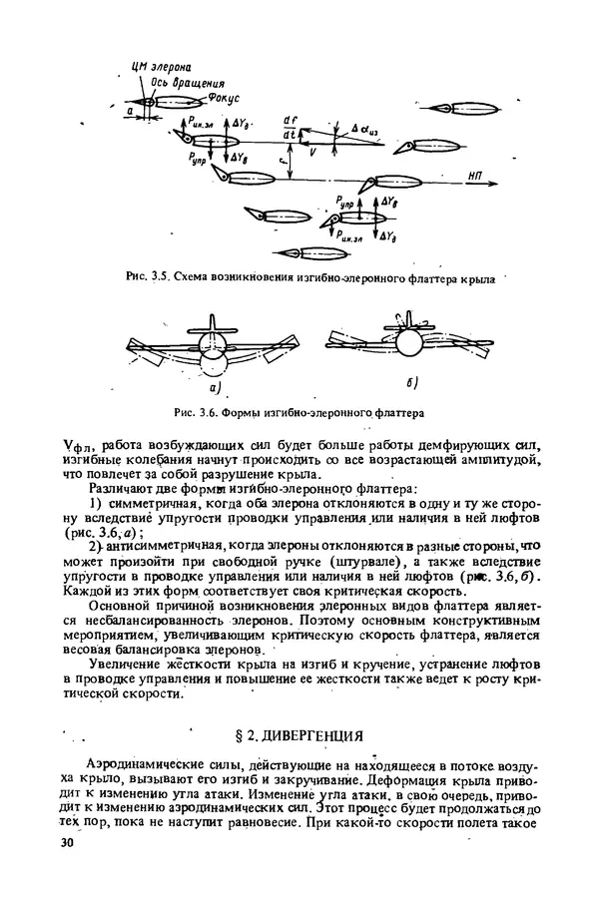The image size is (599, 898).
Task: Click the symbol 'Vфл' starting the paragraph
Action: tap(75, 441)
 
